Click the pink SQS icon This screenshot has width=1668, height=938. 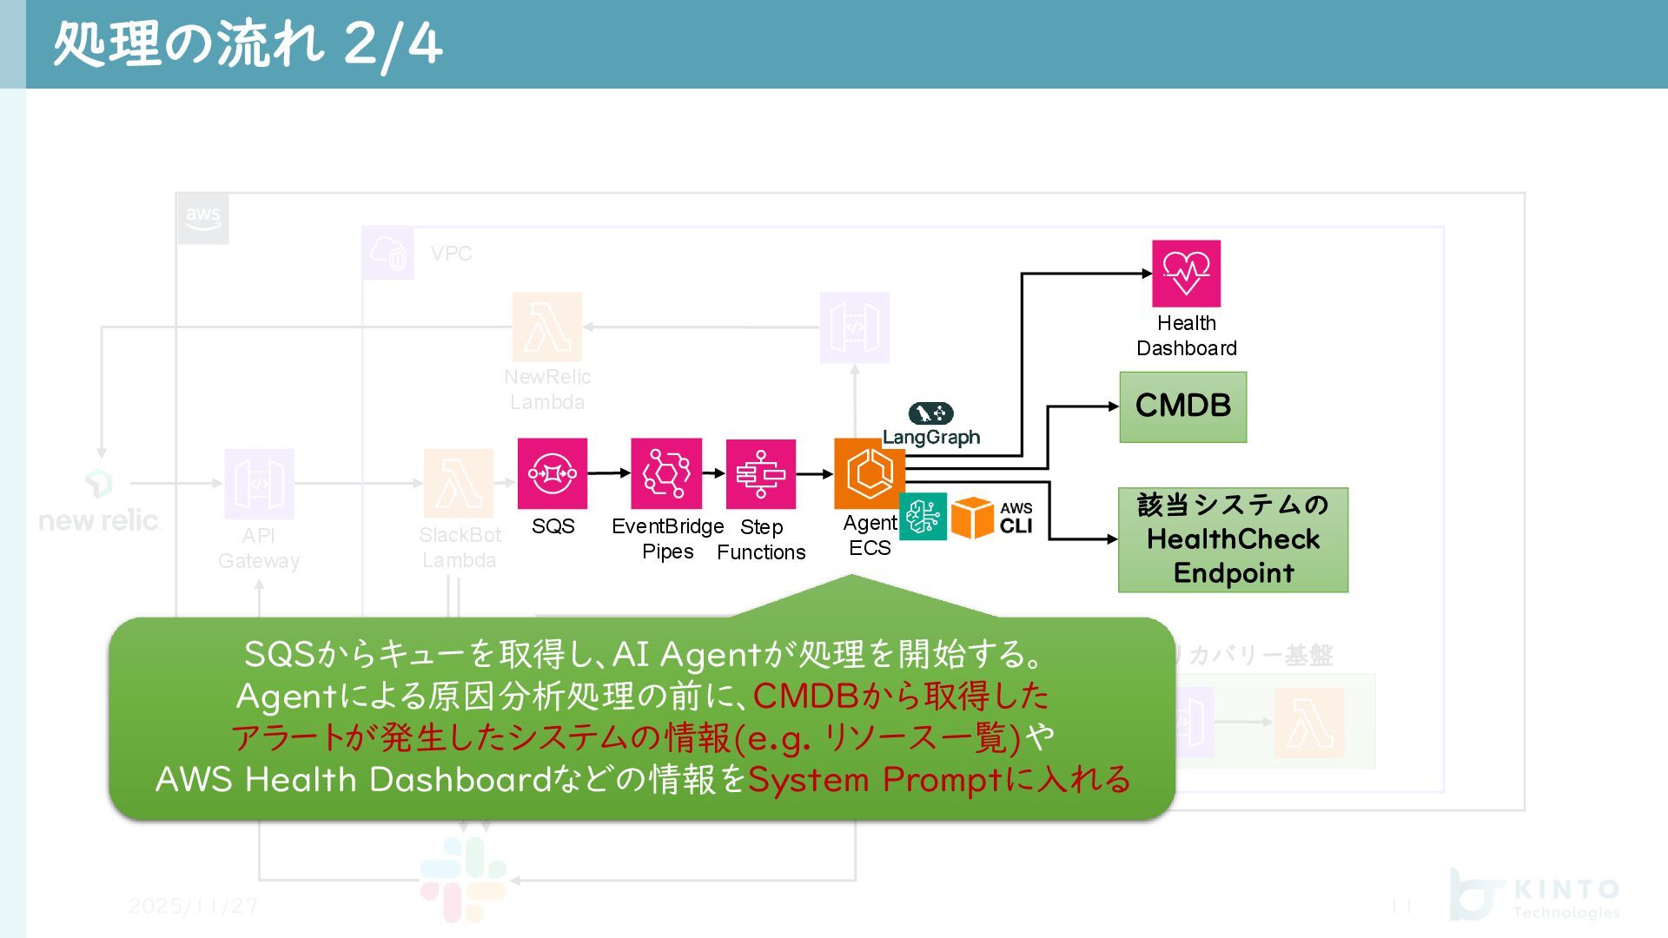[x=553, y=473]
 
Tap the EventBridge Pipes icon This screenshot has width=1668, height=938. [x=666, y=473]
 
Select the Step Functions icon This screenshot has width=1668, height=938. [x=761, y=474]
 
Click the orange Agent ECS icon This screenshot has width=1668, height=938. [x=869, y=473]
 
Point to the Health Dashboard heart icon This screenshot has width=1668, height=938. [x=1186, y=274]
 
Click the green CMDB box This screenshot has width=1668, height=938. [x=1182, y=406]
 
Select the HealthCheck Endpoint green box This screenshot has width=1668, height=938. [x=1233, y=539]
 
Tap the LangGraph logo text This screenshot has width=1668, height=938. [x=931, y=437]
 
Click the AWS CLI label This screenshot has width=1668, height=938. [x=1016, y=518]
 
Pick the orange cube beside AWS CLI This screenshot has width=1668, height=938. [x=971, y=518]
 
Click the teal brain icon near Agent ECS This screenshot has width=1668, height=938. [x=923, y=517]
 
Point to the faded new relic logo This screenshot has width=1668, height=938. [x=99, y=504]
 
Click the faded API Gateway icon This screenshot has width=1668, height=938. [x=259, y=484]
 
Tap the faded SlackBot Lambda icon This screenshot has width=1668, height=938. [x=459, y=484]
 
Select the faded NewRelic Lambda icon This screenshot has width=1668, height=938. [x=547, y=327]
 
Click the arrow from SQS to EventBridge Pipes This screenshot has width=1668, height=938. [x=609, y=473]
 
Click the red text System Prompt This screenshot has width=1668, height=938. [x=877, y=779]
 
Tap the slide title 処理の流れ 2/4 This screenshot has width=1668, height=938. [x=248, y=43]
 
